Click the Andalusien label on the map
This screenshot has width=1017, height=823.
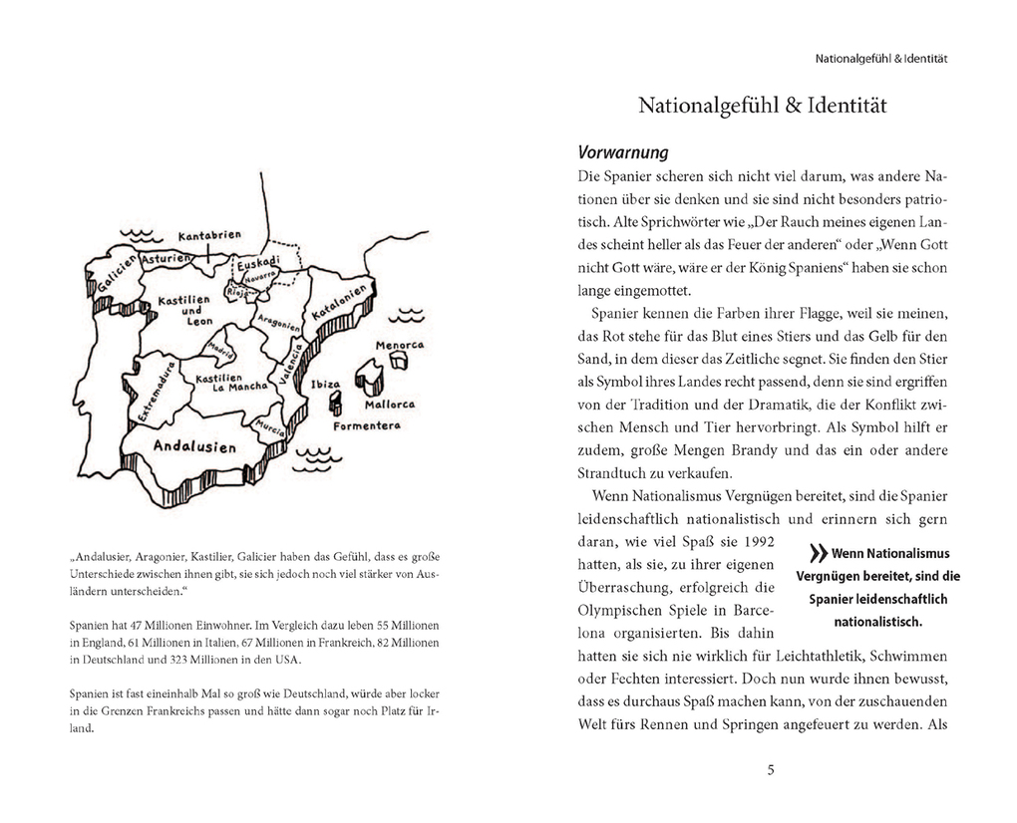[194, 445]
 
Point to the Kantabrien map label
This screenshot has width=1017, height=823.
[209, 236]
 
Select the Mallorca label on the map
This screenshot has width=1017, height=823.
[390, 406]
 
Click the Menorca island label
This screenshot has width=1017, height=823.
[399, 345]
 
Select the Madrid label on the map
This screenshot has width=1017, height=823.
[221, 351]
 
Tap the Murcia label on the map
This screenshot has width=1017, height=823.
[270, 425]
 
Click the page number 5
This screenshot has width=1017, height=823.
[771, 769]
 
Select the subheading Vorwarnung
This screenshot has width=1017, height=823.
[622, 153]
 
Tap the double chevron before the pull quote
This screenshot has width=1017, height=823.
[818, 554]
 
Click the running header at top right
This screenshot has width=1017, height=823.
[880, 59]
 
